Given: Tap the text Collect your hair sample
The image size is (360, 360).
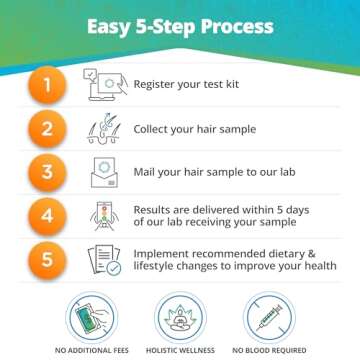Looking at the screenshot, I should [196, 130].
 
